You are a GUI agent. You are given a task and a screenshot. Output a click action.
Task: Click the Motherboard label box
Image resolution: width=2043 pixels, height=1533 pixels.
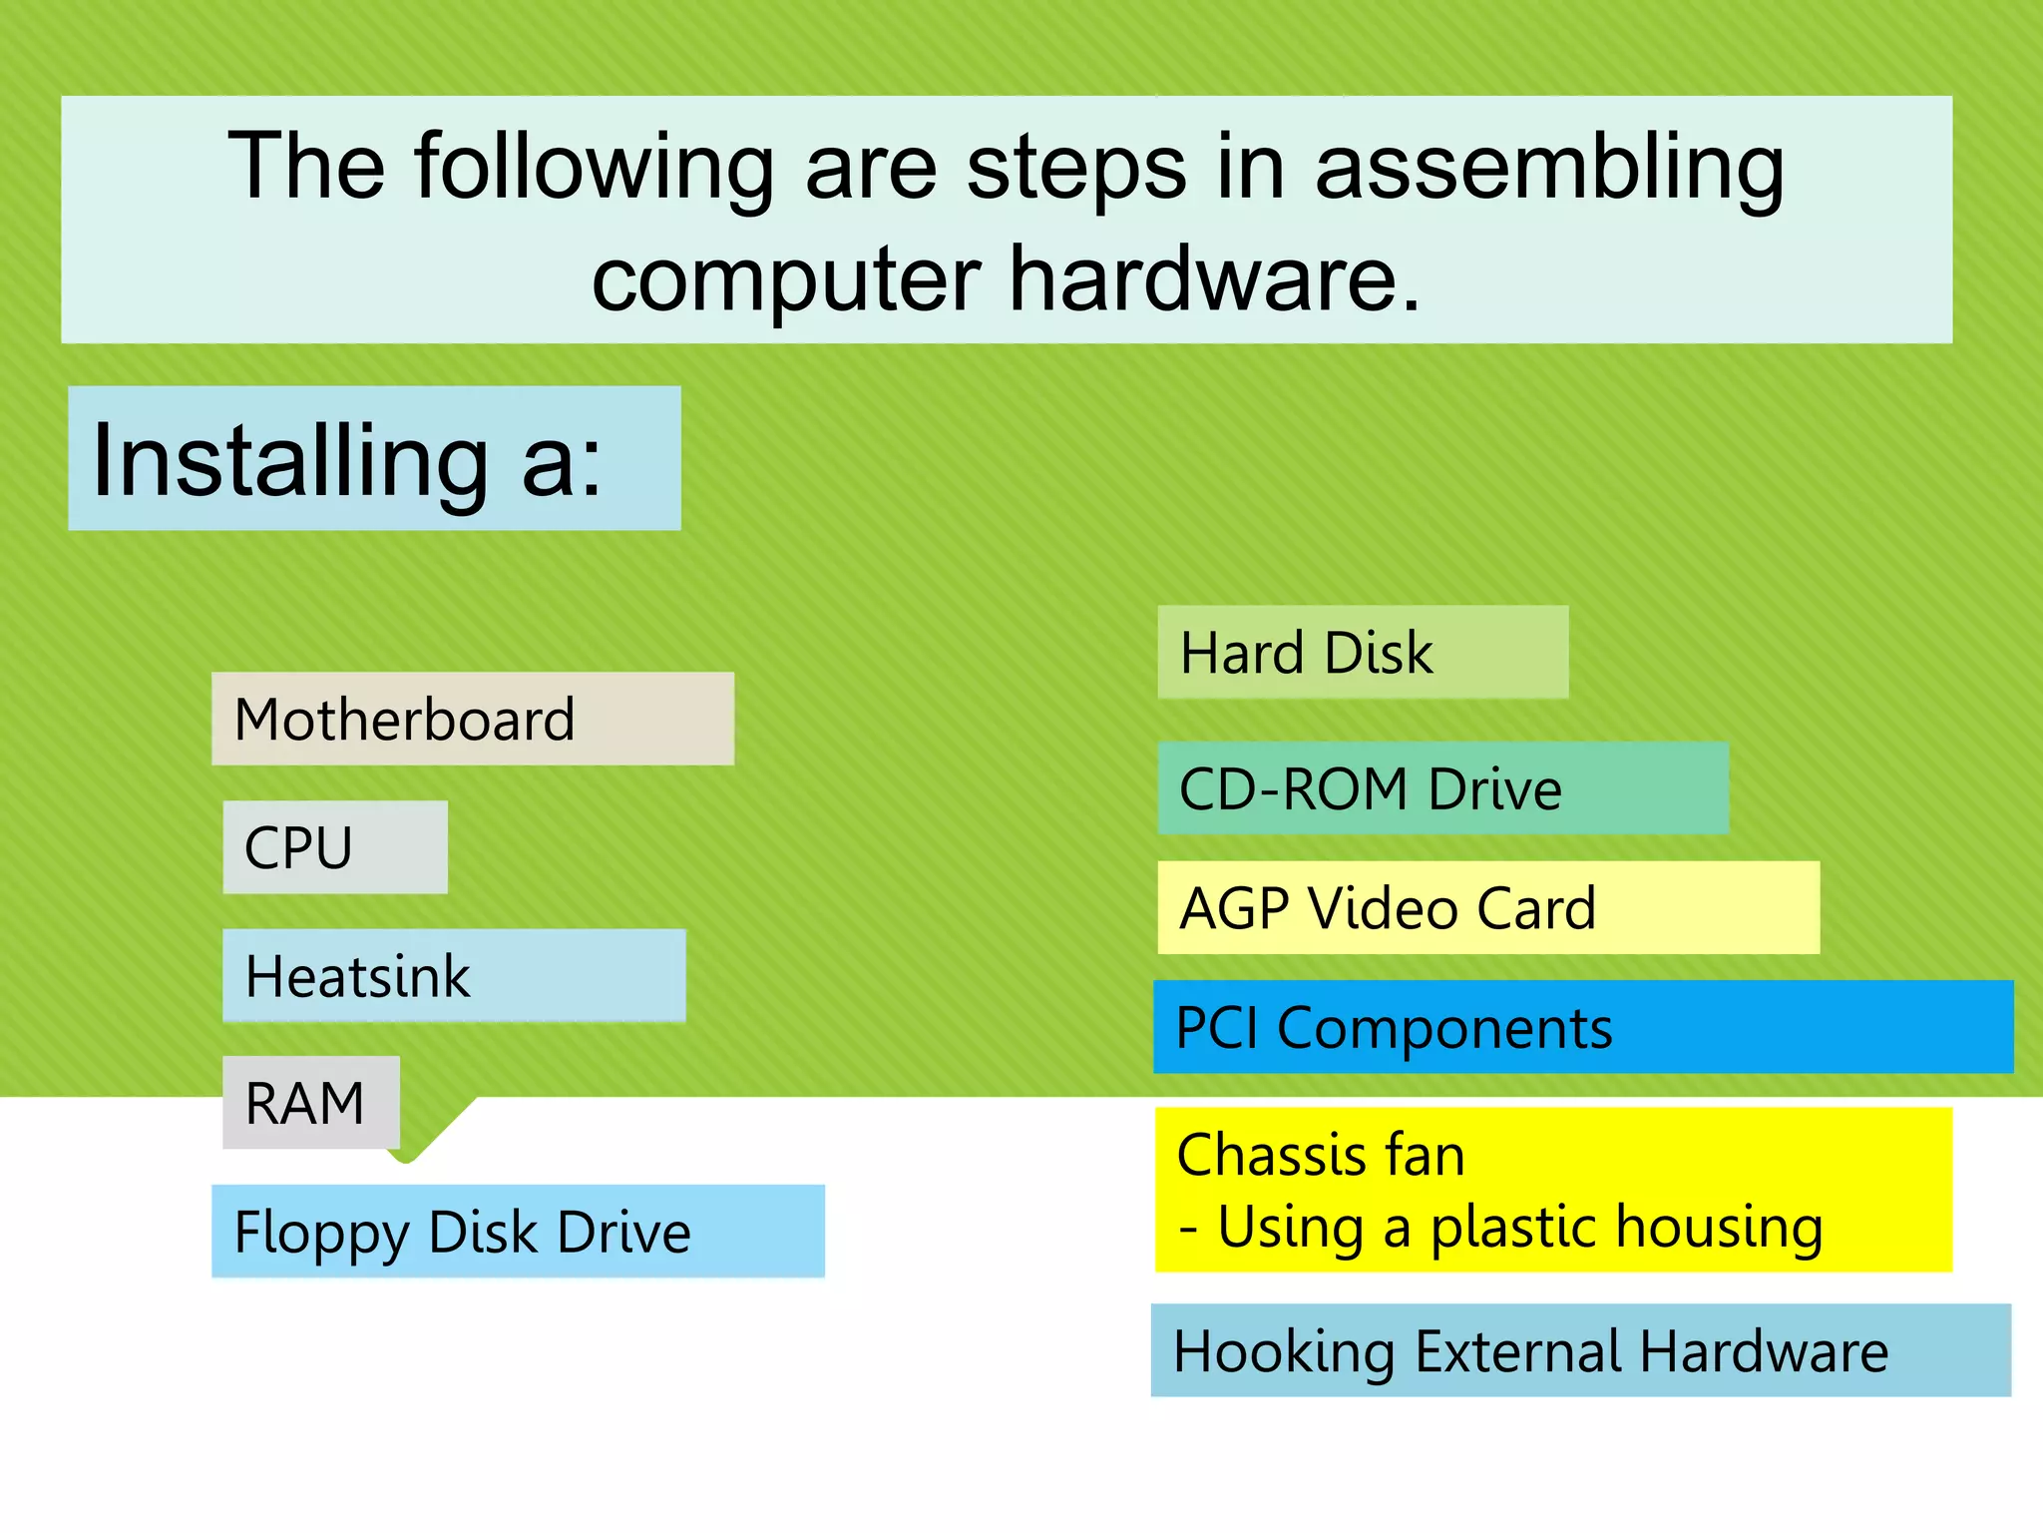472,719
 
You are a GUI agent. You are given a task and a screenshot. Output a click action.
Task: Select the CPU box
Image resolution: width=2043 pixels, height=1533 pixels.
334,847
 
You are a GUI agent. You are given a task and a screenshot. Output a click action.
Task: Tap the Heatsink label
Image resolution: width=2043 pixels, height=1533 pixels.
454,975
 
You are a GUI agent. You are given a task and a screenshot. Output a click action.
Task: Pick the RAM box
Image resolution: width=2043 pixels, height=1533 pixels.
310,1103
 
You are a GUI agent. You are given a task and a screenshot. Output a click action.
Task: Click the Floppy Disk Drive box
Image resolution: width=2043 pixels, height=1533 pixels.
518,1231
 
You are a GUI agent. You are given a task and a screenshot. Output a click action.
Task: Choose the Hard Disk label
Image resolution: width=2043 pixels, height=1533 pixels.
1362,652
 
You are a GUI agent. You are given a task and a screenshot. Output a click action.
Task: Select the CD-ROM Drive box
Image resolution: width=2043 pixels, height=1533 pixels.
1442,788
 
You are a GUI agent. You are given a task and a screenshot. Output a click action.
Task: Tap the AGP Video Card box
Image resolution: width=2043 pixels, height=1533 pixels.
1487,907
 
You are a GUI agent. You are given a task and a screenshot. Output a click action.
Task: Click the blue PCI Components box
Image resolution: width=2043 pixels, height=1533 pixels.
1582,1027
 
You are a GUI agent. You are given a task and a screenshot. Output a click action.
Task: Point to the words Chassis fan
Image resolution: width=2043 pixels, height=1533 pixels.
1320,1155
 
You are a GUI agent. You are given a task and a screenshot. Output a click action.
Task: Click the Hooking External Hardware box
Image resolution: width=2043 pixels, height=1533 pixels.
1580,1350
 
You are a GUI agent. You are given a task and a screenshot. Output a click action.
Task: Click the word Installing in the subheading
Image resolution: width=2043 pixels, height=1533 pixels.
289,460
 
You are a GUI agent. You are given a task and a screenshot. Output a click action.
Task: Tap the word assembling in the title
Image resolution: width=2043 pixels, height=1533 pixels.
1549,168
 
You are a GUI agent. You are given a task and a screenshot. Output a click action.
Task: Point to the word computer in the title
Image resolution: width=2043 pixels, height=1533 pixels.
786,280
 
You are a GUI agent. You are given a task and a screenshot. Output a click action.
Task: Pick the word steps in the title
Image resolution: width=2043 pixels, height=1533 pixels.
1076,168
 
